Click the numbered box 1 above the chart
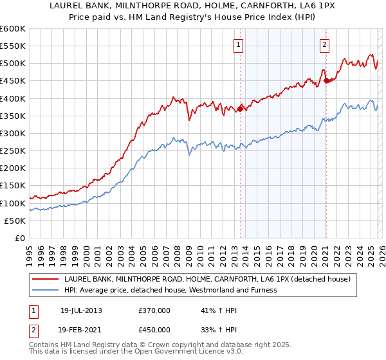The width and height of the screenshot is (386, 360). click(x=239, y=45)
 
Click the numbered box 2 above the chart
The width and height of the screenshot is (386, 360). click(x=324, y=45)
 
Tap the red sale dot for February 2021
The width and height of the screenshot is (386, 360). click(x=326, y=81)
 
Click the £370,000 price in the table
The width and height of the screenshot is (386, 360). click(x=154, y=310)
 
